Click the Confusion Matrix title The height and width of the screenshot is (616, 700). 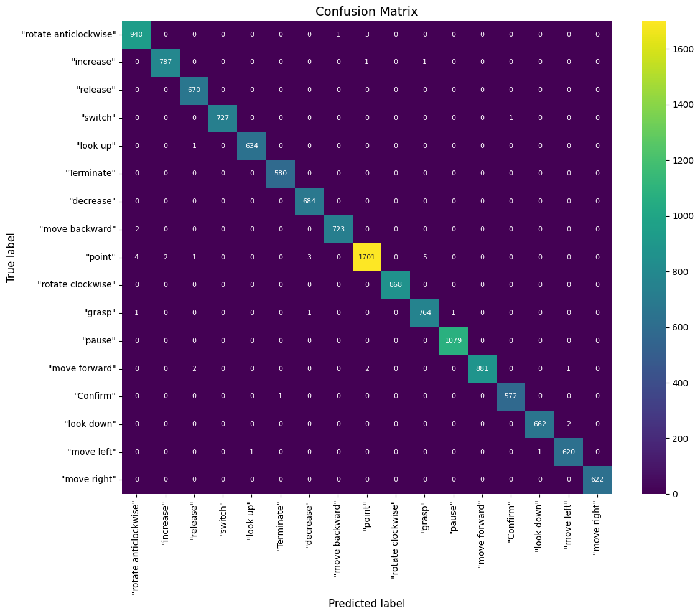click(x=366, y=11)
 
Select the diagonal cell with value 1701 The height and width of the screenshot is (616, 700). click(x=367, y=257)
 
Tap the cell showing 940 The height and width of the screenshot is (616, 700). click(x=137, y=34)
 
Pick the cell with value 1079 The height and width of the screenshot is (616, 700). click(x=454, y=340)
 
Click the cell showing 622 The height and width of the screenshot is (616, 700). click(x=597, y=479)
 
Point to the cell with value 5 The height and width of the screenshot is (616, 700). click(x=424, y=257)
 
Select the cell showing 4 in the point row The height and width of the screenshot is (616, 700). click(x=137, y=257)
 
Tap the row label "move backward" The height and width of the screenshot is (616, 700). click(x=78, y=229)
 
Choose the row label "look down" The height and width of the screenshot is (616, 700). click(x=90, y=424)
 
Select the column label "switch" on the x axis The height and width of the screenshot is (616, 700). click(x=223, y=521)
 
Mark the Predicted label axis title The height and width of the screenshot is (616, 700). click(x=366, y=604)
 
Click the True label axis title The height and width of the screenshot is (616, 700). click(x=11, y=258)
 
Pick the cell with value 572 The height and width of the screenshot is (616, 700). click(x=511, y=396)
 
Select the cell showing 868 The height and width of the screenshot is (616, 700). click(x=396, y=285)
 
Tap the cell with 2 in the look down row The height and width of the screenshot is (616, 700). click(x=568, y=424)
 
